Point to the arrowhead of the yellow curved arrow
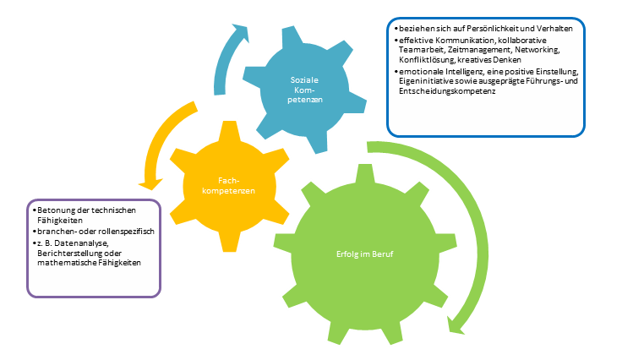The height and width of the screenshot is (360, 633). click(151, 183)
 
